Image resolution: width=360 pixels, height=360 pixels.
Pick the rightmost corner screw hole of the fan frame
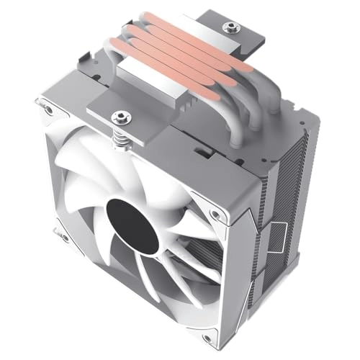tap(213, 214)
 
